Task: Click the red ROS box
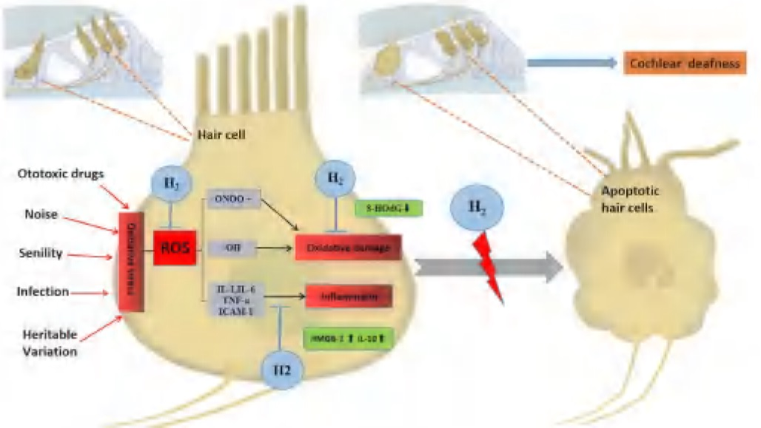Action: click(x=173, y=248)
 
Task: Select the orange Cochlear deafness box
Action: click(x=684, y=64)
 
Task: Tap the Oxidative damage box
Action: click(x=348, y=249)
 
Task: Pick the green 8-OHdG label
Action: click(x=388, y=209)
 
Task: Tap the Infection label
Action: click(x=43, y=292)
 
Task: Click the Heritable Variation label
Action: click(x=47, y=343)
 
